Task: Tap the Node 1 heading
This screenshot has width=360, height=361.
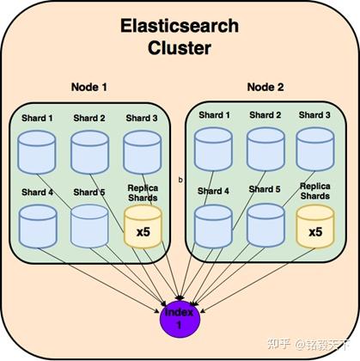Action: coord(90,87)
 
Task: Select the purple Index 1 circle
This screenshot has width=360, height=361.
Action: coord(180,315)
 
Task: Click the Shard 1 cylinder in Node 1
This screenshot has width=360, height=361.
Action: coord(36,152)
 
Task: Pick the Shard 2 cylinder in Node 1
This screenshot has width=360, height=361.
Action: coord(89,152)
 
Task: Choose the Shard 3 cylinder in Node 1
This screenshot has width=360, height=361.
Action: coord(142,152)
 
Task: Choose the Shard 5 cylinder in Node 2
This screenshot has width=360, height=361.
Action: coord(265,225)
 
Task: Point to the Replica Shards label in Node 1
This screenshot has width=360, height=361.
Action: coord(143,193)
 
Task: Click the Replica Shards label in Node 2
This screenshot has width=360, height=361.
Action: coord(315,190)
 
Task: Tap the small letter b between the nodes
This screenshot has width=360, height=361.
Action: coord(180,180)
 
